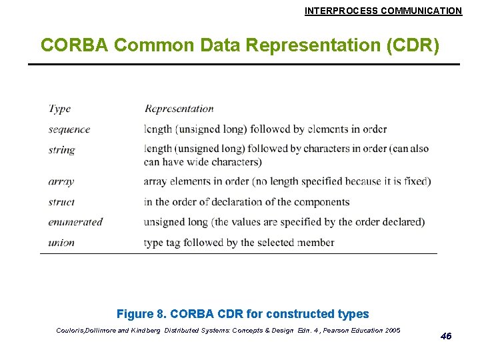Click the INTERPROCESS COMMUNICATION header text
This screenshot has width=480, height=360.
coord(383,11)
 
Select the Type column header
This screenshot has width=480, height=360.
coord(59,109)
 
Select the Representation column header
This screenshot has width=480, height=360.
coord(179,109)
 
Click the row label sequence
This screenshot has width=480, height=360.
coord(69,129)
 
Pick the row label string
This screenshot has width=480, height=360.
coord(61,149)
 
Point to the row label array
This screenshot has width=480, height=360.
coord(61,181)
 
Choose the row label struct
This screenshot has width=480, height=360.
coord(61,202)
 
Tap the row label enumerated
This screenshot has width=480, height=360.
coord(75,222)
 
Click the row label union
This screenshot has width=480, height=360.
coord(61,243)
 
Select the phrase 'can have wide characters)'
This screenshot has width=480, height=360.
coord(203,161)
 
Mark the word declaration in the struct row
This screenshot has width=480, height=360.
coord(255,202)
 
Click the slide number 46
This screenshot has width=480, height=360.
coord(446,336)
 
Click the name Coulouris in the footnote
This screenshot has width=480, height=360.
coord(69,331)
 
